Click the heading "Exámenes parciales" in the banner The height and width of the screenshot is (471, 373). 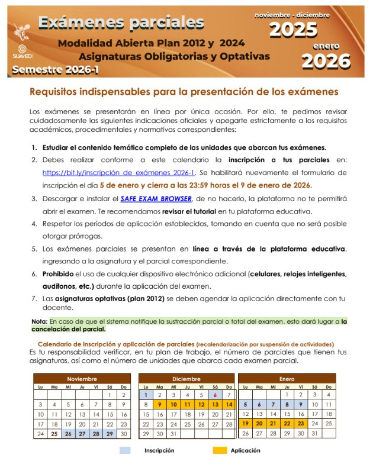coord(121,22)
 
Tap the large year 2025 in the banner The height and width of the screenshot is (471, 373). coord(293,28)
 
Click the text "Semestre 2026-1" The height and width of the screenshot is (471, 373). coord(53,70)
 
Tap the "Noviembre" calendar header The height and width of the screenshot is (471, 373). coord(82,379)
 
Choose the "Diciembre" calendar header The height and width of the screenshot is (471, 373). coord(186,379)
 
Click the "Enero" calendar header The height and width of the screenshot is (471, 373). coord(287,379)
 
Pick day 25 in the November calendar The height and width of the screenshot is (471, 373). coord(54,434)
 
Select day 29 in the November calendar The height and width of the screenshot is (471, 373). coord(110,434)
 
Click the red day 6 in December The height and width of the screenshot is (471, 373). coord(215,395)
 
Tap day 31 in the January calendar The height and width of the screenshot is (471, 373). coord(314,434)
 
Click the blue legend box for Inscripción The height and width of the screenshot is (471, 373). coord(124,450)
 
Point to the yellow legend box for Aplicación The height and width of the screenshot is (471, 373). coord(220,450)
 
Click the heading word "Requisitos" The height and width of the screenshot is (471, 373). coord(54,92)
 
